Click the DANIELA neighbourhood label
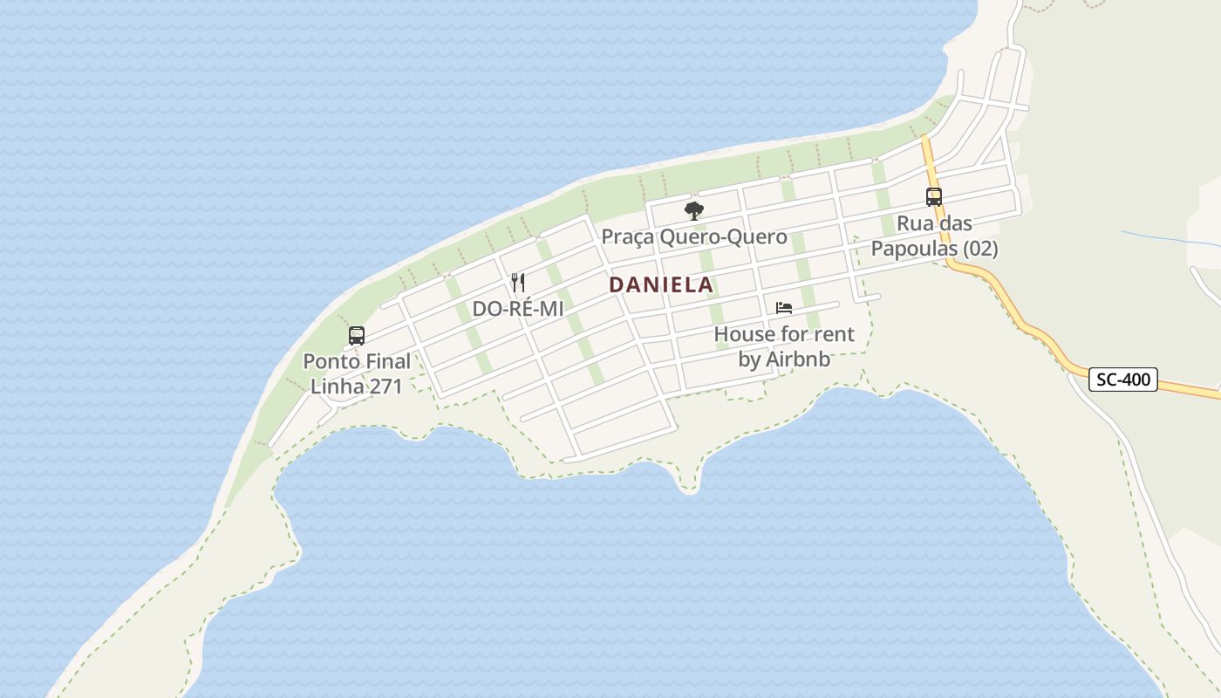[661, 284]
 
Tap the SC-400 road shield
[1123, 380]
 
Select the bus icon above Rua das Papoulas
[933, 197]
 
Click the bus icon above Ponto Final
[356, 336]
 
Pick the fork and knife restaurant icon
[518, 282]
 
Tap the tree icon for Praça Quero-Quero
[694, 210]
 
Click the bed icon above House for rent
[784, 307]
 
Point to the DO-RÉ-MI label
[518, 309]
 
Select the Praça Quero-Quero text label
[694, 237]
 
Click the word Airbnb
[797, 359]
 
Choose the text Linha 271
[356, 386]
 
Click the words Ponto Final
[356, 361]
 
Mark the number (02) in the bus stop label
[979, 250]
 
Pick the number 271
[385, 386]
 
